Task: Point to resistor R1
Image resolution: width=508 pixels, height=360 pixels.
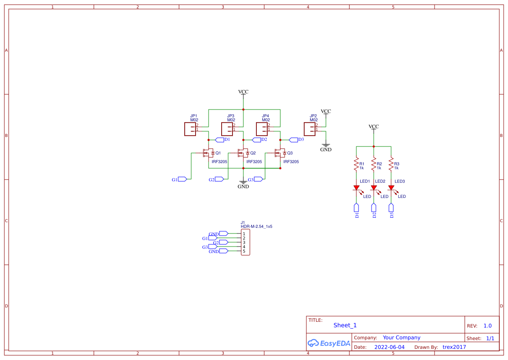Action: [356, 165]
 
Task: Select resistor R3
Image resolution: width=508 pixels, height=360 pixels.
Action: [391, 165]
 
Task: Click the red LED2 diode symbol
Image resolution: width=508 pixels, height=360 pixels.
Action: [374, 188]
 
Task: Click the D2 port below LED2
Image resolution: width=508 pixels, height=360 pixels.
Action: [374, 210]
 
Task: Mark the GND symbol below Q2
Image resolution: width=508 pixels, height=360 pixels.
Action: [243, 182]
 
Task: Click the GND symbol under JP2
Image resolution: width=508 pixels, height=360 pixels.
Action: [326, 146]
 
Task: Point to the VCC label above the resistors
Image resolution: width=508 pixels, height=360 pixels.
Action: [374, 127]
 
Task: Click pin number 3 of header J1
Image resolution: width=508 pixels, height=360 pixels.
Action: [244, 242]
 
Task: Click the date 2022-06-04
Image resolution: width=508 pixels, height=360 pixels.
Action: [389, 347]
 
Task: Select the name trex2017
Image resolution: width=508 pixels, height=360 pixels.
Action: [454, 347]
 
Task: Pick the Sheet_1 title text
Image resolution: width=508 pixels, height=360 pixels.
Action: [345, 325]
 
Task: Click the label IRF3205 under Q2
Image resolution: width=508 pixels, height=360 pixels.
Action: [254, 162]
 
